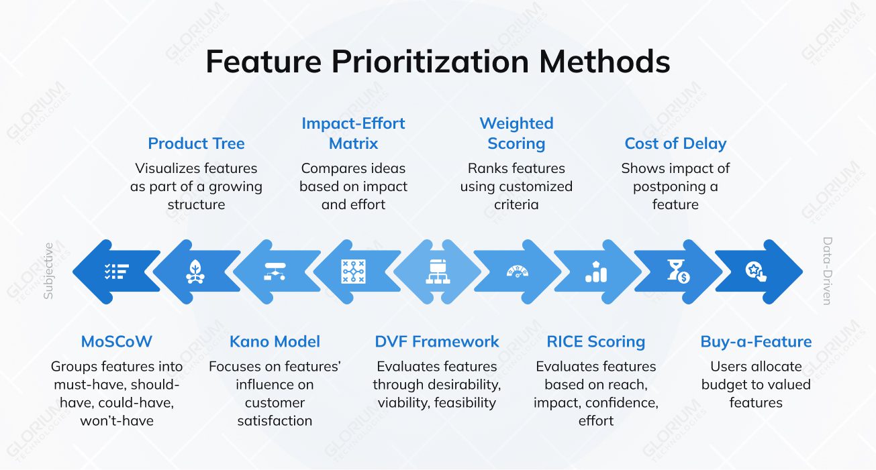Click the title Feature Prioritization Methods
tap(438, 62)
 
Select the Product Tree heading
tap(196, 143)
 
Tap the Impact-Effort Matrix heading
tap(353, 133)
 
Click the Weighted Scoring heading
tap(516, 133)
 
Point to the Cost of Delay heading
tap(675, 143)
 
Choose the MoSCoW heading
tap(117, 341)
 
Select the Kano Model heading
tap(275, 341)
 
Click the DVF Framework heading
tap(437, 341)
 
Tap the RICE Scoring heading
tap(595, 341)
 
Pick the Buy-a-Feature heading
tap(756, 341)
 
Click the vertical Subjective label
tap(48, 271)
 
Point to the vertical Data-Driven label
tap(827, 271)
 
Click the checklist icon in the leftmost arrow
tap(116, 272)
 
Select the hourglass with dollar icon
tap(677, 272)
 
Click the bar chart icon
tap(595, 272)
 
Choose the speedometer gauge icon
tap(517, 272)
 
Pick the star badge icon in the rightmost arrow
tap(756, 272)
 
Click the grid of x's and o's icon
tap(353, 272)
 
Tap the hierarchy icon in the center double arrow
tap(437, 272)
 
